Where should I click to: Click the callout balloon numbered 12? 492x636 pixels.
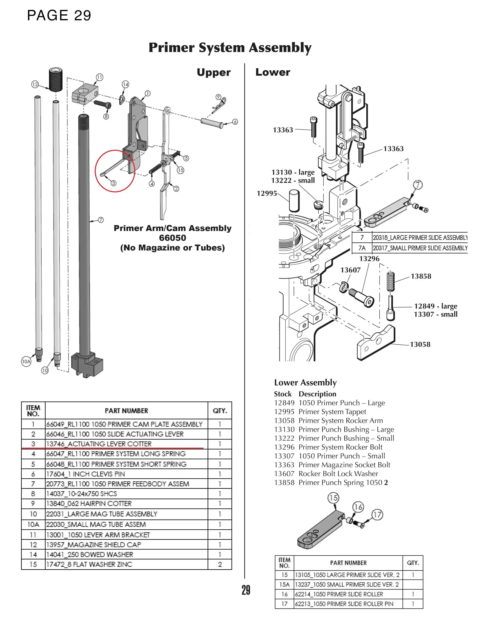(x=35, y=84)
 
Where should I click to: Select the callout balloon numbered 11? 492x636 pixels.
(x=100, y=77)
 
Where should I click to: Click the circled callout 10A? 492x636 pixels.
(x=26, y=361)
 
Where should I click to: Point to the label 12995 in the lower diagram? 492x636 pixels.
(x=267, y=193)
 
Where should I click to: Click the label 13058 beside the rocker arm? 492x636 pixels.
(x=420, y=345)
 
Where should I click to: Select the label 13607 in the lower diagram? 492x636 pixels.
(x=350, y=270)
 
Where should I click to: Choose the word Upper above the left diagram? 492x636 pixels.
(x=214, y=72)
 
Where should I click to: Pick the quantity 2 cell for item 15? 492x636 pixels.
(x=220, y=564)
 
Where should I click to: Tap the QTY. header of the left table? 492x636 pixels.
(x=220, y=411)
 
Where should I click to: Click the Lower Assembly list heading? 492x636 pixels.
(x=305, y=382)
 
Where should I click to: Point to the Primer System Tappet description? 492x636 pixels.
(x=332, y=412)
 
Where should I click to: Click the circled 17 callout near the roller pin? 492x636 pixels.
(x=377, y=515)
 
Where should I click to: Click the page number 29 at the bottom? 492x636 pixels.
(x=246, y=590)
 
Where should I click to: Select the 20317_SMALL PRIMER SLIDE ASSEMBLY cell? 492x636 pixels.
(x=420, y=248)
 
